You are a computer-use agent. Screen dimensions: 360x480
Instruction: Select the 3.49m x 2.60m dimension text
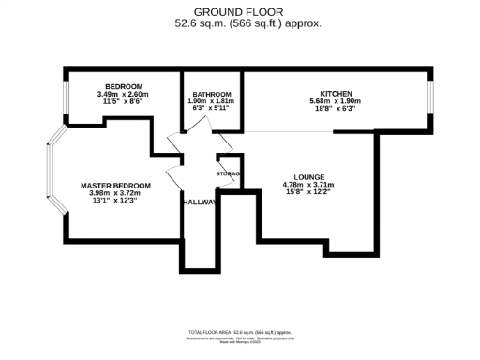pyautogui.click(x=122, y=94)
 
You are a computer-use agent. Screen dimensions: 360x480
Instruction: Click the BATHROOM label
pyautogui.click(x=212, y=95)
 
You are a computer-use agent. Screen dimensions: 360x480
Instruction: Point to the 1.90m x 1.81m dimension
pyautogui.click(x=212, y=101)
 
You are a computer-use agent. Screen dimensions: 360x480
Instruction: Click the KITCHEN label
pyautogui.click(x=337, y=95)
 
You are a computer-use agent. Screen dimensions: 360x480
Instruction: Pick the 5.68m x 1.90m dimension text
pyautogui.click(x=337, y=102)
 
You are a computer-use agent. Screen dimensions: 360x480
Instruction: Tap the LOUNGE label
pyautogui.click(x=308, y=176)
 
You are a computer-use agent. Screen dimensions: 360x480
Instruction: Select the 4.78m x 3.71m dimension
pyautogui.click(x=308, y=185)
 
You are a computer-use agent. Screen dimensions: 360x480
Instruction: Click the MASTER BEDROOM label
pyautogui.click(x=115, y=186)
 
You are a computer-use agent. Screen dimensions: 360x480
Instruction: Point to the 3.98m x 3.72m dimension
pyautogui.click(x=115, y=194)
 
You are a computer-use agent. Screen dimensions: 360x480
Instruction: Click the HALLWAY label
pyautogui.click(x=200, y=202)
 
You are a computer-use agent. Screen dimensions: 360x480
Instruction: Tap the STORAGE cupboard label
pyautogui.click(x=229, y=174)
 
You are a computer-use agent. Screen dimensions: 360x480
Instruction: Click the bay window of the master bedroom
pyautogui.click(x=52, y=178)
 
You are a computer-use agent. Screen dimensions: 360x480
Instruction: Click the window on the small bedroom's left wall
pyautogui.click(x=65, y=97)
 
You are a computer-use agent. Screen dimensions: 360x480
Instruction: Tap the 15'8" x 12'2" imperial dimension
pyautogui.click(x=308, y=192)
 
